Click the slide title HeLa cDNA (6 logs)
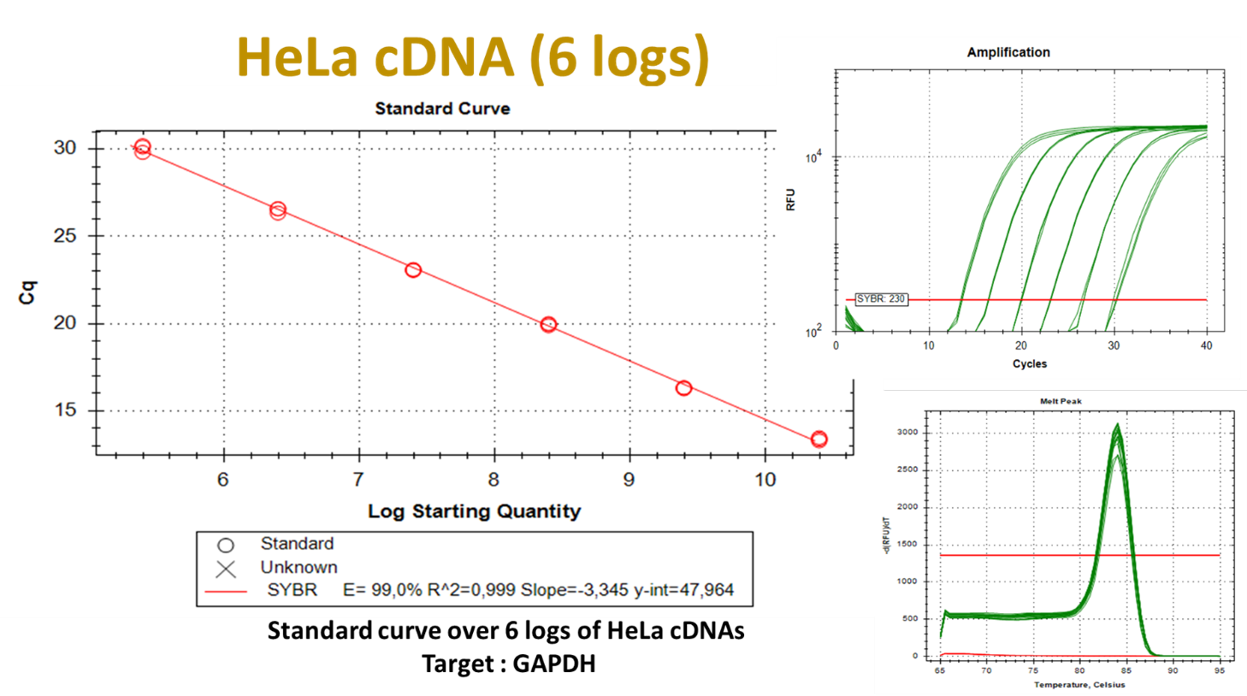coord(473,57)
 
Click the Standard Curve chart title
coord(442,109)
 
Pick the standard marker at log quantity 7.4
coord(413,270)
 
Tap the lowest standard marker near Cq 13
coord(819,439)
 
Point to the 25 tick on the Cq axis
coord(65,235)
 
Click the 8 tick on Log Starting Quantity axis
coord(493,480)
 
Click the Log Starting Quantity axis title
coord(474,511)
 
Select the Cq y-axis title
coord(27,292)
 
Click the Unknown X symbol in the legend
coord(226,569)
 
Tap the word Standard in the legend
coord(297,544)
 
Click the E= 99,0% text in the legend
coord(382,590)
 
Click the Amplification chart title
coord(1008,52)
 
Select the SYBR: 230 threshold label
coord(881,299)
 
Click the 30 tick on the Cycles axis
coord(1114,345)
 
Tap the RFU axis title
coord(790,200)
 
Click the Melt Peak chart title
coord(1061,401)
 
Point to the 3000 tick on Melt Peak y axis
coord(907,433)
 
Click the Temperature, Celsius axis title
coord(1079,685)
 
